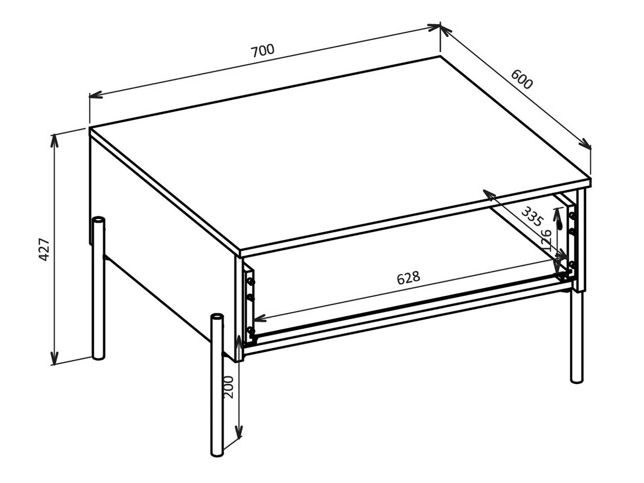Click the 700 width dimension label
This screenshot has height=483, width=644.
coord(263,50)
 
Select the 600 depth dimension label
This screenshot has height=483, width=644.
coord(521,80)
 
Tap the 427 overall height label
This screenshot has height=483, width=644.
coord(45,249)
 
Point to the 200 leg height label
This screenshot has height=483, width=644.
coord(228,387)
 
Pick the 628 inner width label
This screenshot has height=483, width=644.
coord(408,277)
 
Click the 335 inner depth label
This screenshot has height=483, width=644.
coord(532,217)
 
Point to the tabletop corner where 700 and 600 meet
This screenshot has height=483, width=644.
coord(440,56)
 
